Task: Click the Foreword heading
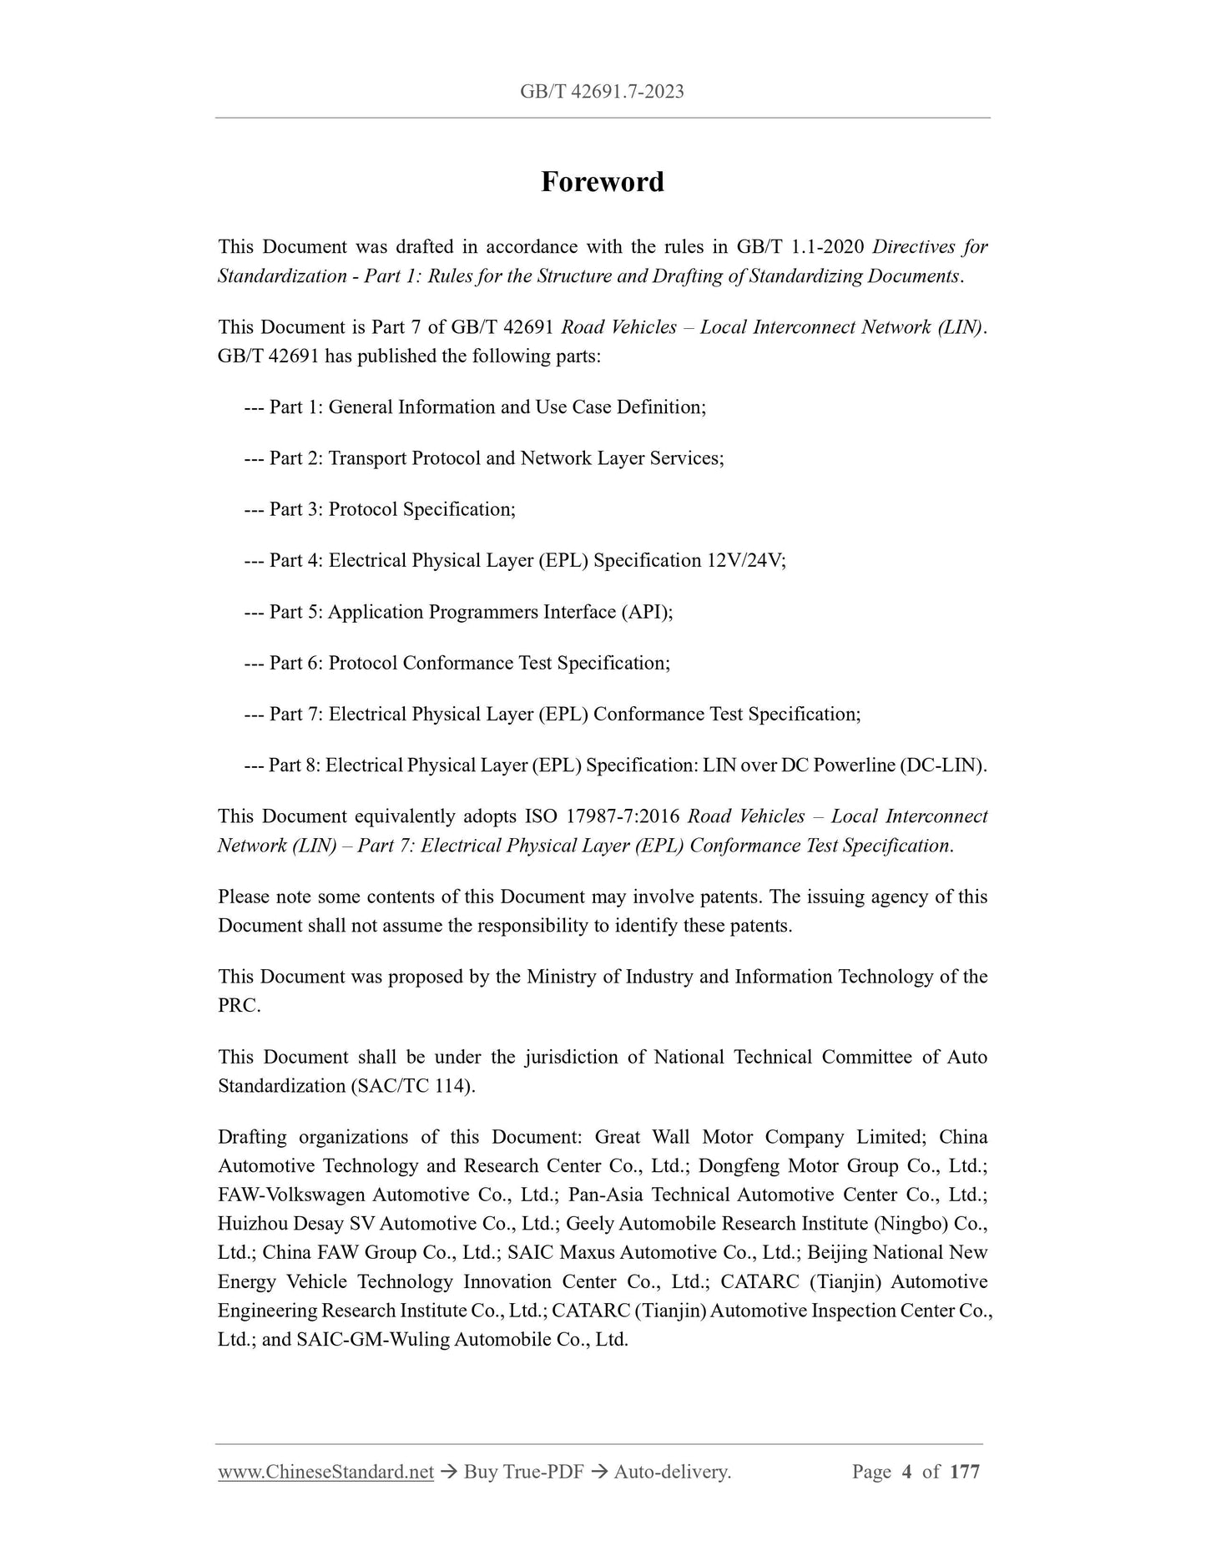point(602,182)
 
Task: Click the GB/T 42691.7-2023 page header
point(602,92)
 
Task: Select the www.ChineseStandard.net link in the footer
point(325,1472)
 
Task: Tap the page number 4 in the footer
point(906,1472)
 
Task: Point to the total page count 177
point(964,1472)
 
